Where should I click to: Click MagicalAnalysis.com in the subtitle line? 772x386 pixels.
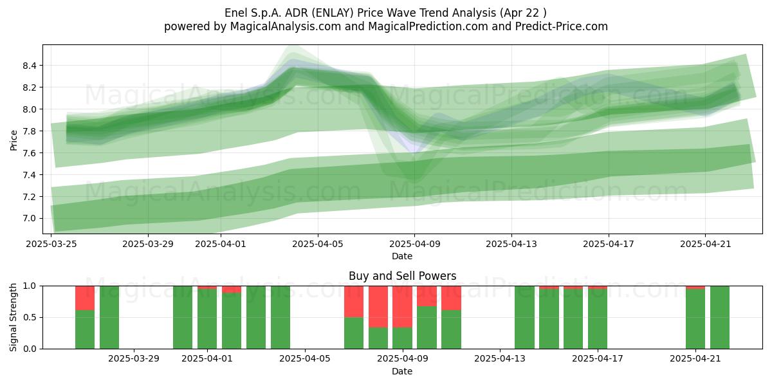pyautogui.click(x=286, y=26)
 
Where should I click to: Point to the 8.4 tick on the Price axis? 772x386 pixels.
pyautogui.click(x=30, y=66)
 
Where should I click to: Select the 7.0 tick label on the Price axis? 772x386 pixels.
pyautogui.click(x=30, y=219)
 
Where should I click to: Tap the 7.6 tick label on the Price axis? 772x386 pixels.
pyautogui.click(x=30, y=153)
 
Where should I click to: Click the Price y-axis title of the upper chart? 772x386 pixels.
pyautogui.click(x=14, y=140)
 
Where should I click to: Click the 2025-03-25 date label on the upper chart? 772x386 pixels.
pyautogui.click(x=51, y=244)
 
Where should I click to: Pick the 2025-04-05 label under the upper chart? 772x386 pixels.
pyautogui.click(x=318, y=244)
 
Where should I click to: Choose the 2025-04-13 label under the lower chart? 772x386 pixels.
pyautogui.click(x=500, y=359)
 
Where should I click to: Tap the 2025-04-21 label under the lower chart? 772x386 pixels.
pyautogui.click(x=695, y=359)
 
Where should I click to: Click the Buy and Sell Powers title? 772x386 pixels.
pyautogui.click(x=402, y=276)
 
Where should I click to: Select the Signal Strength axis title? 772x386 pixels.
pyautogui.click(x=14, y=317)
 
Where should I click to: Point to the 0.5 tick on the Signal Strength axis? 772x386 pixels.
pyautogui.click(x=30, y=317)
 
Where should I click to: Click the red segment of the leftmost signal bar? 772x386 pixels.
pyautogui.click(x=85, y=298)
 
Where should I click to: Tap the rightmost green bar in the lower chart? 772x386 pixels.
pyautogui.click(x=720, y=317)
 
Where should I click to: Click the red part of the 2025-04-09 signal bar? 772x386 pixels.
pyautogui.click(x=402, y=307)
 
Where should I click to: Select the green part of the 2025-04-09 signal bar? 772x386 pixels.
pyautogui.click(x=402, y=338)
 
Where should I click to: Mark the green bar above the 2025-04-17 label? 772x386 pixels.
pyautogui.click(x=598, y=319)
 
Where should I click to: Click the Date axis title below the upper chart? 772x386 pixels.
pyautogui.click(x=402, y=256)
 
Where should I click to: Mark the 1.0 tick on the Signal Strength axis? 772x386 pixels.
pyautogui.click(x=30, y=286)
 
